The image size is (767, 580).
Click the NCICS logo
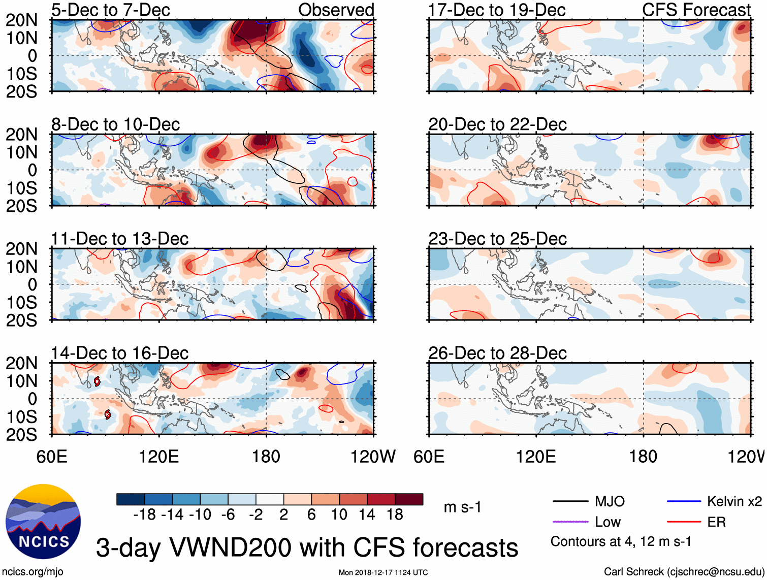tap(43, 522)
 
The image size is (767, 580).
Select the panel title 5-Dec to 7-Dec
tap(110, 10)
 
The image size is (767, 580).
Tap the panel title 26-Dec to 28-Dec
tap(497, 353)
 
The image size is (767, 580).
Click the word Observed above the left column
tap(336, 10)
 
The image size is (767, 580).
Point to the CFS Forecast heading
tap(696, 10)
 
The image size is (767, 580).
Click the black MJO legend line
tap(570, 502)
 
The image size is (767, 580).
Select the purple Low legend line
tap(570, 522)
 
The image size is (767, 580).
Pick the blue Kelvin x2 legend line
tap(684, 502)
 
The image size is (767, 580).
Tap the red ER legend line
tap(684, 522)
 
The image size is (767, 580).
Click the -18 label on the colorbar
tap(145, 515)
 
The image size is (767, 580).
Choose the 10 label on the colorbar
tap(339, 515)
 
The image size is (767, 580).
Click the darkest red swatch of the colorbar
tap(409, 499)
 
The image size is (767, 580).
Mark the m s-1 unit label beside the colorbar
tap(462, 507)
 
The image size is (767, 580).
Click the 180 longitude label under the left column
tap(266, 457)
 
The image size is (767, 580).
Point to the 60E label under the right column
tap(429, 457)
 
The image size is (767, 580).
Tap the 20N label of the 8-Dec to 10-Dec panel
tap(22, 135)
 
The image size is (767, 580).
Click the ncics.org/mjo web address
tap(33, 572)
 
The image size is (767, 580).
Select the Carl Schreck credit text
tap(684, 572)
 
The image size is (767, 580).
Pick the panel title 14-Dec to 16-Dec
tap(119, 353)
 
